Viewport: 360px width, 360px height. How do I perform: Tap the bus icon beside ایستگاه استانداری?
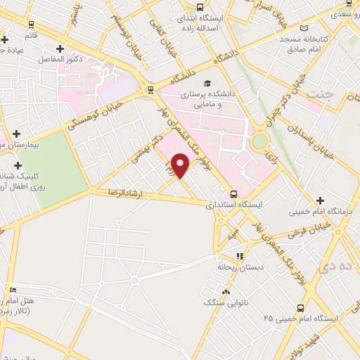(x=233, y=195)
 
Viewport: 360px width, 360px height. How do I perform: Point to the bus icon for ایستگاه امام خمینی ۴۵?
(x=301, y=307)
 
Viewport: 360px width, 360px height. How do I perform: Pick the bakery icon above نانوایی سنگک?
(x=226, y=292)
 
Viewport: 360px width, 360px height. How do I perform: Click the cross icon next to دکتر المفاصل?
(x=60, y=49)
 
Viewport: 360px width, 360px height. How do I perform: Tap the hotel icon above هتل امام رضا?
(x=13, y=289)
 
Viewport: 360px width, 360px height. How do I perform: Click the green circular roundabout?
(x=260, y=141)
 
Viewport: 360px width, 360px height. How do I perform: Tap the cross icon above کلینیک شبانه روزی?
(x=18, y=165)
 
